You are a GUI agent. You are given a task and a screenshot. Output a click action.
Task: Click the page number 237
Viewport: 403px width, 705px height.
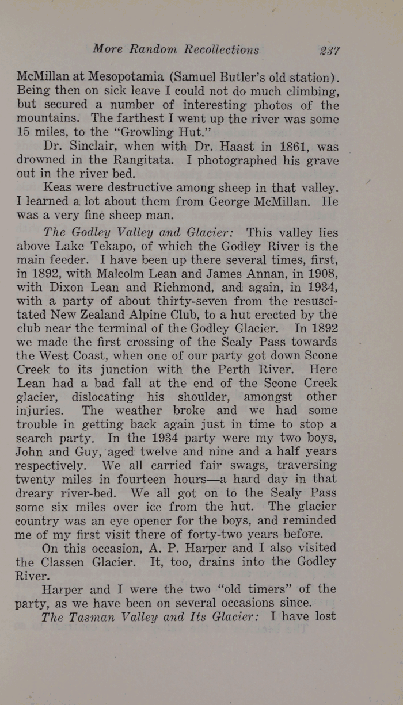[x=330, y=50]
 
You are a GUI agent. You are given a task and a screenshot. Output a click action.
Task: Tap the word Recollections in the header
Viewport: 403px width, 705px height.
[x=222, y=49]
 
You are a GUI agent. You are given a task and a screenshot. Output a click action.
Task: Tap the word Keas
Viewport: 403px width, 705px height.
[x=57, y=187]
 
